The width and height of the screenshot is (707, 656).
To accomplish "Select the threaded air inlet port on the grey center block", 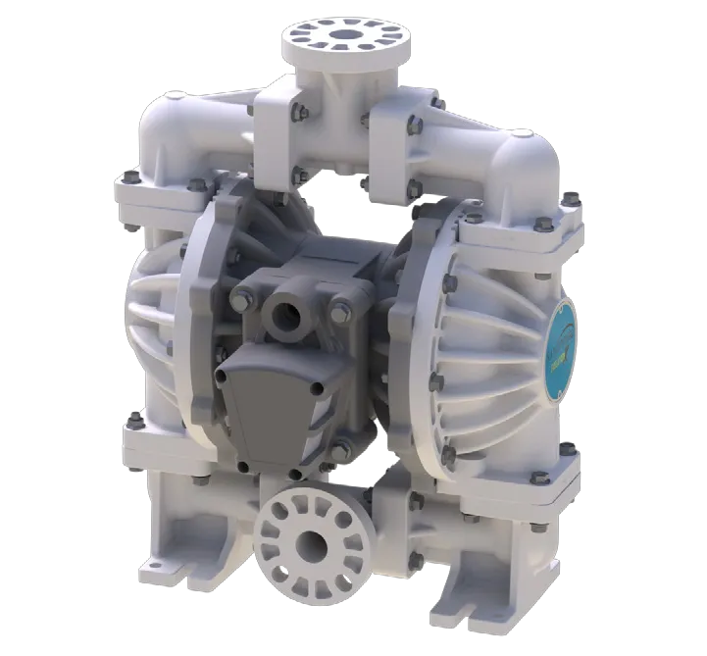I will (x=287, y=316).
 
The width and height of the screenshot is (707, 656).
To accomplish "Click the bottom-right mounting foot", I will (x=510, y=579).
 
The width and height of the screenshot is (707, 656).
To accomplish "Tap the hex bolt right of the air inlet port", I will (x=339, y=314).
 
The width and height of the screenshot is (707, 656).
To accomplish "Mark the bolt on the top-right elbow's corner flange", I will (x=567, y=202).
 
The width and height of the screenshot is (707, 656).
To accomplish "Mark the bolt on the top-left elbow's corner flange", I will (x=127, y=178).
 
